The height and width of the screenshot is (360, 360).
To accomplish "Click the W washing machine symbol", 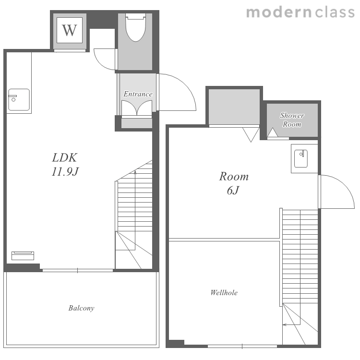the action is (70, 30).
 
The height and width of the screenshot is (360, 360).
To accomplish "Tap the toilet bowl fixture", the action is (136, 27).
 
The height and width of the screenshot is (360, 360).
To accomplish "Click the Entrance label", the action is (138, 94).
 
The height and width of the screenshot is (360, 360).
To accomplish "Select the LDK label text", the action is (64, 157).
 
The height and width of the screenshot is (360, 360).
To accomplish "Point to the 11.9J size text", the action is (65, 171).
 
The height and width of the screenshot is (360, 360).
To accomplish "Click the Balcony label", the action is (81, 308).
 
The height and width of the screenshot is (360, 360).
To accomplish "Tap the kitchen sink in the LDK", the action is (19, 100).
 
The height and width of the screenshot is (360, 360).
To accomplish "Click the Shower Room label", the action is (292, 120).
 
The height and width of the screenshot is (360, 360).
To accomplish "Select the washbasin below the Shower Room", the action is (301, 158).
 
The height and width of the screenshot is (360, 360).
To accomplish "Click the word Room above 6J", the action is (234, 177).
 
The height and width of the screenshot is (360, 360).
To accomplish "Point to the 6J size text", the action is (233, 191).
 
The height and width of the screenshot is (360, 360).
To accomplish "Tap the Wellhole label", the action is (224, 292).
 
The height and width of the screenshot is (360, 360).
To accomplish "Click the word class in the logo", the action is (335, 12).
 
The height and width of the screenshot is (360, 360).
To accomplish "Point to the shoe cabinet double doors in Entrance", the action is (137, 108).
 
